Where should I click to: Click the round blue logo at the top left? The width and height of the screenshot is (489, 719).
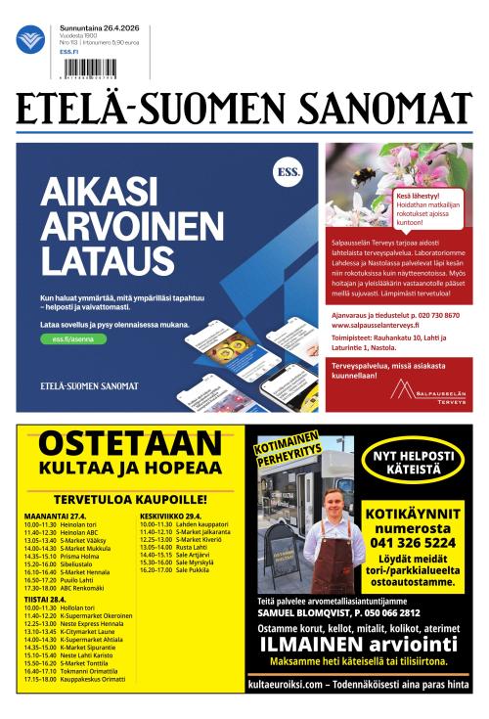29,40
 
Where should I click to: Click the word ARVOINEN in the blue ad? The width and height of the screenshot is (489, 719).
132,226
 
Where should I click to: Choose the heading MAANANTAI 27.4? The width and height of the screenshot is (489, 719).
56,515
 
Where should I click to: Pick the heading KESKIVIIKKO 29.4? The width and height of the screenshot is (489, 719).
171,515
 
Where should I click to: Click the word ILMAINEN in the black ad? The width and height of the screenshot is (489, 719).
317,644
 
